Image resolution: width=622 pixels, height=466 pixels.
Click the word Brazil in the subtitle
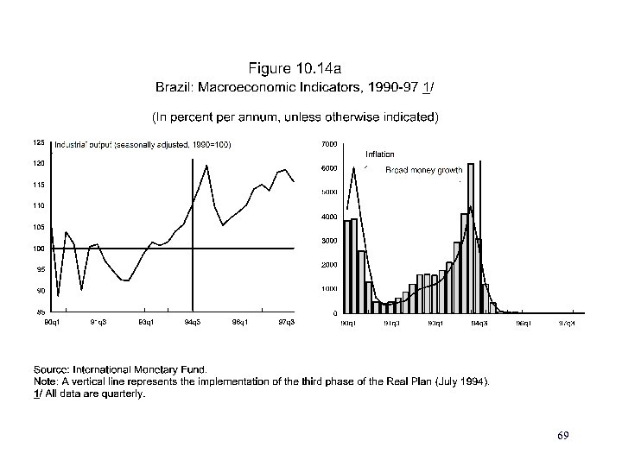click(172, 86)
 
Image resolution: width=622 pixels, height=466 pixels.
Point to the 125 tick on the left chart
click(39, 142)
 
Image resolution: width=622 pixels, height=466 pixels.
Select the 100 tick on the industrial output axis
click(39, 249)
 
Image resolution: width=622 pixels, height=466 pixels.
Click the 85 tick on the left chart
click(41, 312)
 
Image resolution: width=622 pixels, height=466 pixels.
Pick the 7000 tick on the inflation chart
click(329, 143)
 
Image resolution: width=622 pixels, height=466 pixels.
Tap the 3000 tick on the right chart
click(329, 240)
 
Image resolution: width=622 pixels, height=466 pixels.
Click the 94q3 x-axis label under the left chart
click(194, 322)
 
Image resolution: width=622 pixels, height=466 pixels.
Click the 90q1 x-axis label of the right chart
click(347, 323)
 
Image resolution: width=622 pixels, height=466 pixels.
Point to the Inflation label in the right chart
click(379, 154)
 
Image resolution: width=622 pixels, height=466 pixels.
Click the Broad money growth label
click(424, 171)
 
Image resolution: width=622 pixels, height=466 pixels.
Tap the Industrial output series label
click(143, 144)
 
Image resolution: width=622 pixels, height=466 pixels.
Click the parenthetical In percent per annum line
click(295, 115)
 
